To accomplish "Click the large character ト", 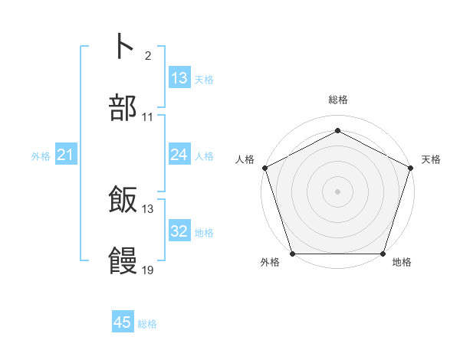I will tap(123, 46).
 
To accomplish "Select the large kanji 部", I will tap(123, 109).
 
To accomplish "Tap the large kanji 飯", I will tap(123, 201).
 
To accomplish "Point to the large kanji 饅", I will tap(123, 262).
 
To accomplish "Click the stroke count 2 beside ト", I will tap(148, 56).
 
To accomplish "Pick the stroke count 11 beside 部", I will tap(148, 118).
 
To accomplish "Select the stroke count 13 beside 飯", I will tap(148, 209).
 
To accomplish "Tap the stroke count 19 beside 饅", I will tap(148, 270).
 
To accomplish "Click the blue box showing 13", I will tap(179, 78).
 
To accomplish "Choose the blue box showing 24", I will tap(179, 155).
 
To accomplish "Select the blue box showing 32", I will tap(179, 231).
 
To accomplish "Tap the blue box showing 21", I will tap(65, 155).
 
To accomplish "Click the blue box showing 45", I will tap(123, 322).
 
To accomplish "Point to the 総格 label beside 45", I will tap(147, 324).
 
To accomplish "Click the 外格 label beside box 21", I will tap(41, 156).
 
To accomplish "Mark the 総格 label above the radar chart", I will tap(337, 100).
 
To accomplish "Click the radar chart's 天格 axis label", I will tap(431, 159).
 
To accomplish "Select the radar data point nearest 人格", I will tap(264, 167).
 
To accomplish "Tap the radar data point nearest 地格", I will tap(383, 254).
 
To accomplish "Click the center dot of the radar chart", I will tap(337, 191).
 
